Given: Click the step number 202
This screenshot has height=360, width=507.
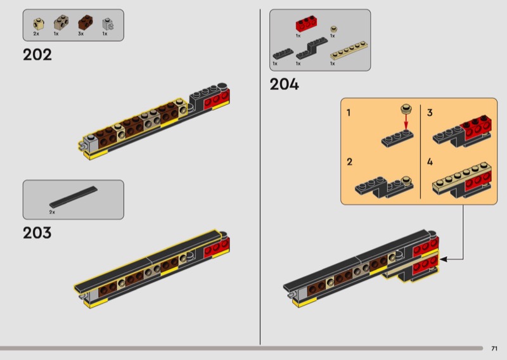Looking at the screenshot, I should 37,55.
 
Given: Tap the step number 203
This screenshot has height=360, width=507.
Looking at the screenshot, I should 37,233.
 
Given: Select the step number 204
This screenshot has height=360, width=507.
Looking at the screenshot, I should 284,84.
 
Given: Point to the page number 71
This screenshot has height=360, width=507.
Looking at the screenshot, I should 494,348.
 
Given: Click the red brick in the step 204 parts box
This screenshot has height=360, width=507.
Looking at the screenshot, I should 307,25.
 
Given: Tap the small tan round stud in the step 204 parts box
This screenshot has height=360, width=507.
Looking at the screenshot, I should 333,29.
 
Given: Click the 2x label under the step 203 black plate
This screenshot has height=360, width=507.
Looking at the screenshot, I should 52,212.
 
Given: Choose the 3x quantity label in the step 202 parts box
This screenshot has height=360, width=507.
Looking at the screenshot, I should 80,34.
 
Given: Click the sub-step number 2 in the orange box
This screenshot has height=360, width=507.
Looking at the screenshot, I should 349,162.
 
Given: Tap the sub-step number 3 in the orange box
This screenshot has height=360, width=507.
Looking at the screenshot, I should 430,113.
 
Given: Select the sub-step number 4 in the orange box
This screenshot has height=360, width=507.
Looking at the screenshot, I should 430,162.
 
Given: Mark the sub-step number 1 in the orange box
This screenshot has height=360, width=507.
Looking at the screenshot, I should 349,113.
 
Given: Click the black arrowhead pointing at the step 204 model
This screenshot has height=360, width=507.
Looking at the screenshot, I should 443,259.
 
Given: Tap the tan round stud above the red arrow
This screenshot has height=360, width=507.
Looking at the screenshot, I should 406,108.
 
